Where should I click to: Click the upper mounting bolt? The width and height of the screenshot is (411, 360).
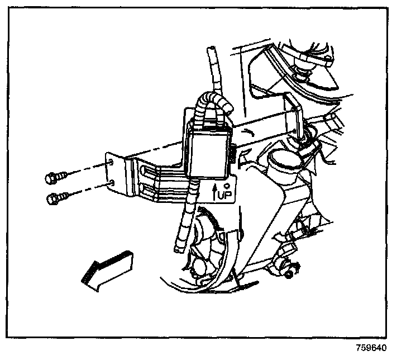click(x=54, y=177)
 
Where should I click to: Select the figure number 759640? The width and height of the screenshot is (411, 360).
click(x=371, y=347)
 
